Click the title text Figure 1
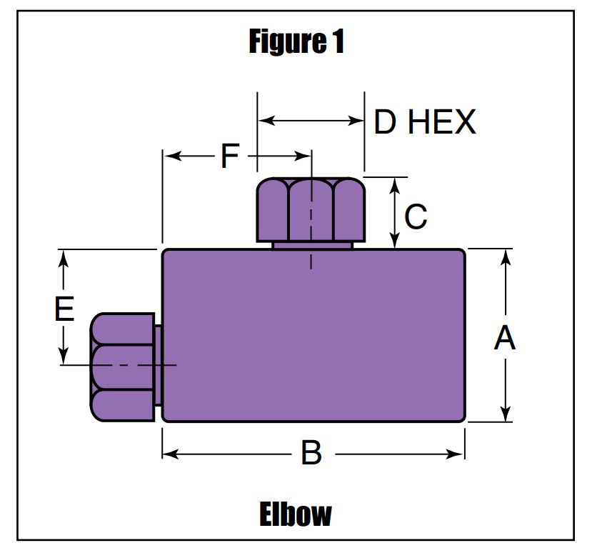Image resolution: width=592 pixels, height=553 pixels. (296, 42)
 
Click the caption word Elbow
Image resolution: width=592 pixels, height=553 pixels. (295, 514)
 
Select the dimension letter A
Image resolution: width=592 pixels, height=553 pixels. (505, 338)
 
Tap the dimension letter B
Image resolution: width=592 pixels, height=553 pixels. (311, 452)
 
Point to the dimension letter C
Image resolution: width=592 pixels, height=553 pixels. (416, 216)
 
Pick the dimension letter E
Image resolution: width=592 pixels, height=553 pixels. (64, 309)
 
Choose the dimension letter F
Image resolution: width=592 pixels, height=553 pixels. (230, 156)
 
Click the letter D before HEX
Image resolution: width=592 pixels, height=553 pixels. (385, 121)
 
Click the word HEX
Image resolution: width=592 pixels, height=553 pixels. (442, 121)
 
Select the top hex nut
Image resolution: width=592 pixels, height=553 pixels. (311, 209)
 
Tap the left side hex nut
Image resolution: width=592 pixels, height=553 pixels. (122, 367)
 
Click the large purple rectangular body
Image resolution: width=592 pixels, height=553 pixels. (313, 335)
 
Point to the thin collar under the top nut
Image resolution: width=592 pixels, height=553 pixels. (312, 246)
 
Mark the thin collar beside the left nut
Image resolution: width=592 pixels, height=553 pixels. (159, 366)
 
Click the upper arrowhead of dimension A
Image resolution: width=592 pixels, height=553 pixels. (506, 257)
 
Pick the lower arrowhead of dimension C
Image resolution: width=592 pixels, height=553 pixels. (394, 240)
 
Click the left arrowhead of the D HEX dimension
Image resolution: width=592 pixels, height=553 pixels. (266, 121)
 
